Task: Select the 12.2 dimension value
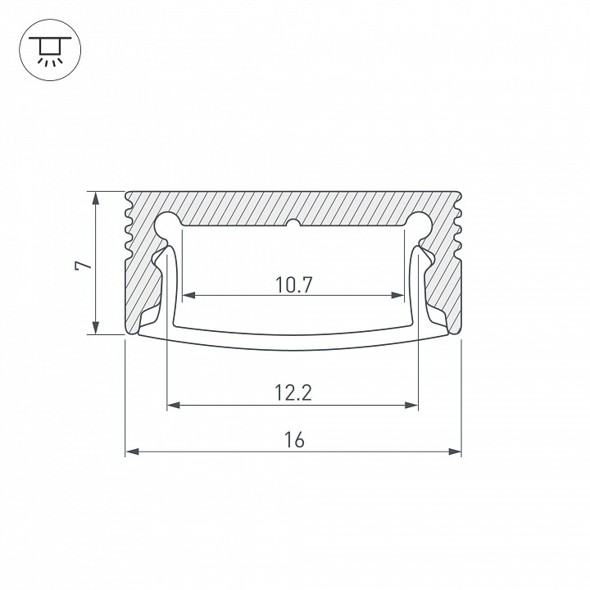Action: coord(293,393)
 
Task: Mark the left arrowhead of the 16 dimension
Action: coord(131,452)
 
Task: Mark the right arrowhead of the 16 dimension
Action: coord(456,452)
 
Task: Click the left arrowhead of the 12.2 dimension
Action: coord(173,405)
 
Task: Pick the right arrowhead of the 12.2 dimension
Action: coord(413,405)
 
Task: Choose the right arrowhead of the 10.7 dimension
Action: coord(399,295)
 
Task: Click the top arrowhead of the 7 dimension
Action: coord(97,197)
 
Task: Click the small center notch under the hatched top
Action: coord(293,224)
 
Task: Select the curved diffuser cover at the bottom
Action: coord(293,343)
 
